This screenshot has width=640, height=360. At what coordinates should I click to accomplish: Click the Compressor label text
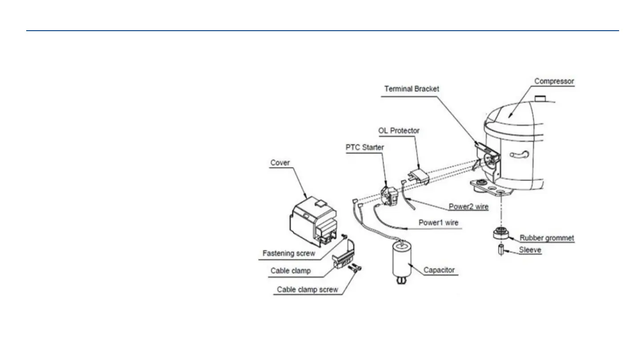point(554,81)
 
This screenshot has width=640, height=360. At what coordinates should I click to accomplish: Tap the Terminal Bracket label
point(412,89)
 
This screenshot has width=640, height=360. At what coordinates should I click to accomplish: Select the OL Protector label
point(399,131)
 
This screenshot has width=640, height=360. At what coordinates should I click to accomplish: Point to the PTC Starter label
point(364,148)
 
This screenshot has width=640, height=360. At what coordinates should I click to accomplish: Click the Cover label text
point(280,163)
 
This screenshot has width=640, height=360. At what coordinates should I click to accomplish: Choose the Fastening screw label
point(289,253)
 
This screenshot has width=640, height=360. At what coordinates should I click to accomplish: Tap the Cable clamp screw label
point(308,289)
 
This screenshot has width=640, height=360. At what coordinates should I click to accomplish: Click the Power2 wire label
point(468,207)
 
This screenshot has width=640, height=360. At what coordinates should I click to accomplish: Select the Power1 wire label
point(438,223)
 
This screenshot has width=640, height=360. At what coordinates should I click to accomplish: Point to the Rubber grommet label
point(547,238)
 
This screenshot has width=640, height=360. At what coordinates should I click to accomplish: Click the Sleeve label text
point(530,250)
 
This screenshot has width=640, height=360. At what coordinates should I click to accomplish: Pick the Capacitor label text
point(439,270)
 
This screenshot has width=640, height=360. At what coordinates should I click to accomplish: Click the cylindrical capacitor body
point(402,260)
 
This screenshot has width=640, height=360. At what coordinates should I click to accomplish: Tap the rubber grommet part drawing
point(501,233)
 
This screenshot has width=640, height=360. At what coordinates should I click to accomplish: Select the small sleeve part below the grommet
point(501,249)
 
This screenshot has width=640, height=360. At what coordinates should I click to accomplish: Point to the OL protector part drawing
point(419,176)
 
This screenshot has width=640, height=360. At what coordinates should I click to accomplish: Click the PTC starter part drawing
point(389,196)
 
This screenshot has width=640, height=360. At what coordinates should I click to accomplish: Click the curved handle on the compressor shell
point(519,155)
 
